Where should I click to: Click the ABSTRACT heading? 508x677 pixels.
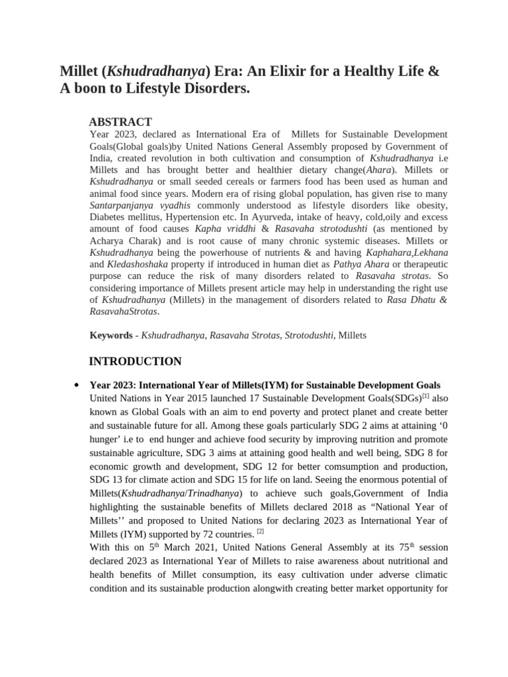pyautogui.click(x=120, y=122)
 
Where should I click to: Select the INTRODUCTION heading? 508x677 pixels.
pyautogui.click(x=135, y=361)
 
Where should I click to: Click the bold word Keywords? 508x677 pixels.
pyautogui.click(x=111, y=335)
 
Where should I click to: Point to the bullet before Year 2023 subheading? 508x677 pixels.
pyautogui.click(x=77, y=385)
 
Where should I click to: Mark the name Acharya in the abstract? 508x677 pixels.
pyautogui.click(x=108, y=241)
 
